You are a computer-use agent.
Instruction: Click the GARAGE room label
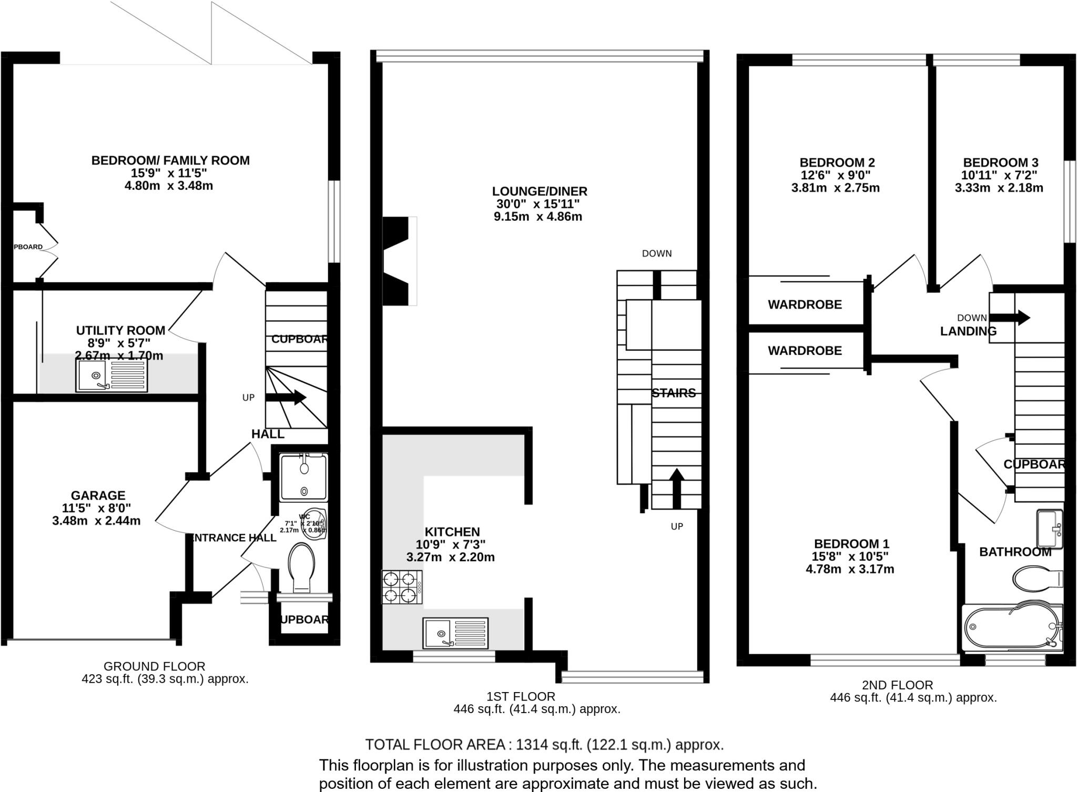[x=98, y=495]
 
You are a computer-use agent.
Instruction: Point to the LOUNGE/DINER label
[x=540, y=191]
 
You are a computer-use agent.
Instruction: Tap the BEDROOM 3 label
[x=1000, y=163]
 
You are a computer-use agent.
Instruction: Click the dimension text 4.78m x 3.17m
[x=850, y=569]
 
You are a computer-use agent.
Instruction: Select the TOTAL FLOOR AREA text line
[x=544, y=745]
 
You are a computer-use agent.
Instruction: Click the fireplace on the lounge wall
[x=398, y=261]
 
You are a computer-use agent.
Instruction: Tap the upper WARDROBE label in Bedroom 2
[x=805, y=304]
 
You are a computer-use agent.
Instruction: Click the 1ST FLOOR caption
[x=521, y=696]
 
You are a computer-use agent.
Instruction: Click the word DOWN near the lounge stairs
[x=657, y=253]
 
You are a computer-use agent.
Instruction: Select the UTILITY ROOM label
[x=120, y=330]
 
